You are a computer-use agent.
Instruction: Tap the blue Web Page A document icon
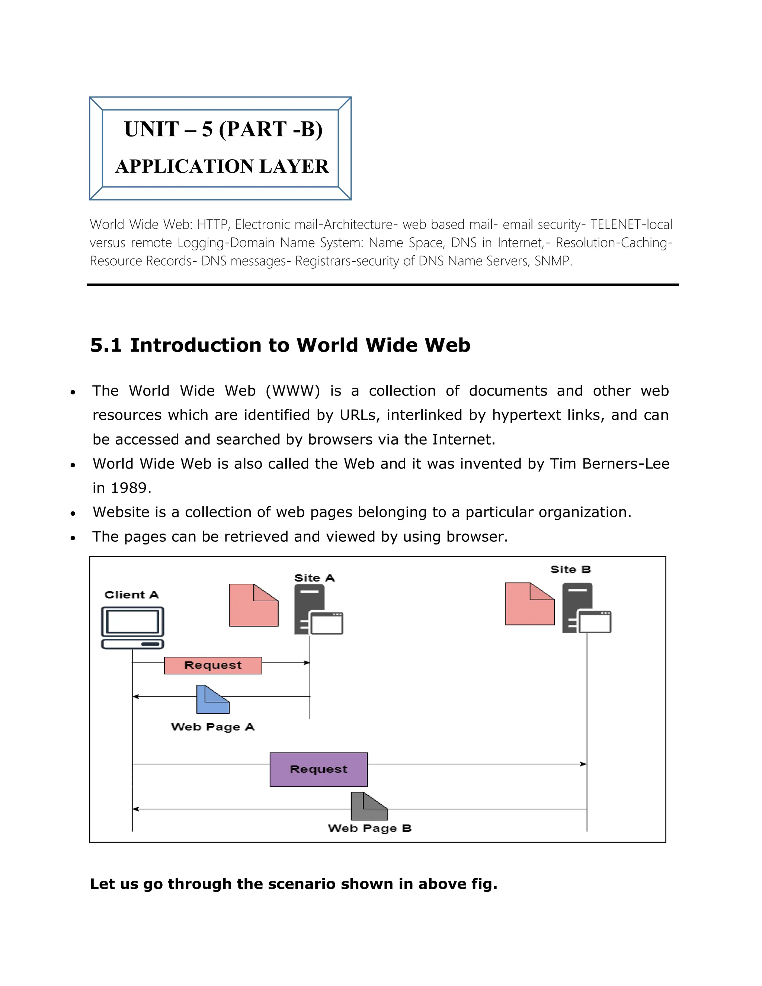point(212,700)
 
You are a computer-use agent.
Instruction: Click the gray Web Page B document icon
point(369,806)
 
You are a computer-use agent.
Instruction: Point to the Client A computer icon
point(132,628)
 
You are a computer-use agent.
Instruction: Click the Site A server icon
point(318,609)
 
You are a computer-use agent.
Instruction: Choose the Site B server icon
point(586,608)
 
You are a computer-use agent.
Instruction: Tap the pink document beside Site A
point(253,605)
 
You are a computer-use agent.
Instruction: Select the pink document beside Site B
point(529,604)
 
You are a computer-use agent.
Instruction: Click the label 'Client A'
point(131,595)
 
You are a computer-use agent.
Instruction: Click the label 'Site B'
point(570,569)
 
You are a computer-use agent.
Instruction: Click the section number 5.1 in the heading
point(106,345)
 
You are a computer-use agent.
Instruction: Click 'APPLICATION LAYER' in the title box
point(222,166)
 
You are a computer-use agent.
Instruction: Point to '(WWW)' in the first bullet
point(292,391)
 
